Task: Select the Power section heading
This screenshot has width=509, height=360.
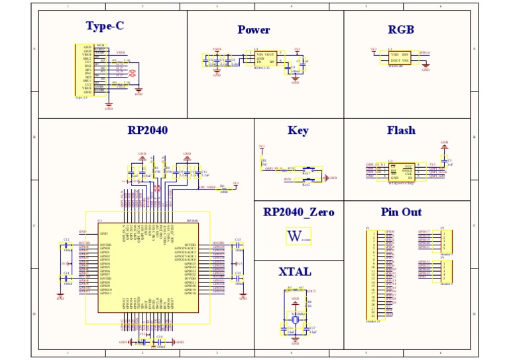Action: (x=254, y=30)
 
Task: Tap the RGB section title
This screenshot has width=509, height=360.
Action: (x=400, y=30)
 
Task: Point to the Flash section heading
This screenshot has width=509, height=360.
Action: (x=401, y=131)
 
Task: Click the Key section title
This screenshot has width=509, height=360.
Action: (x=298, y=131)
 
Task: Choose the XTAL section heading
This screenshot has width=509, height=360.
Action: (x=295, y=272)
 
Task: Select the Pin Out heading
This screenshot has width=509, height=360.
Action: (x=401, y=212)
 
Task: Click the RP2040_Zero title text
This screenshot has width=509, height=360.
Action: (x=298, y=212)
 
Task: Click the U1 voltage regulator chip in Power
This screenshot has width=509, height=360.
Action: (x=265, y=58)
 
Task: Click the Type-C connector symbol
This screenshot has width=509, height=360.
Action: (x=83, y=70)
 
